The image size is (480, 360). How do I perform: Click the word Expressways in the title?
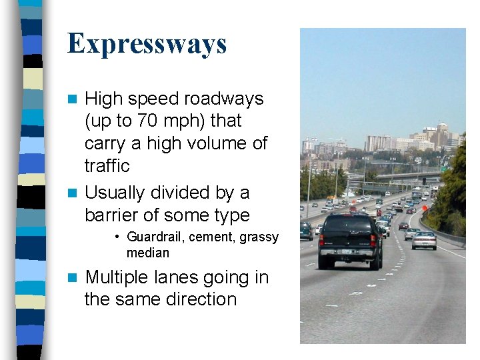tap(147, 44)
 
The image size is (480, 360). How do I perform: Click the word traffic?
tap(107, 165)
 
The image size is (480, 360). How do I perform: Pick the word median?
tap(148, 253)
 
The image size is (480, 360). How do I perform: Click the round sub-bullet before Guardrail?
tap(117, 237)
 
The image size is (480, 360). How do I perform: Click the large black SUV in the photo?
tap(349, 240)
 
